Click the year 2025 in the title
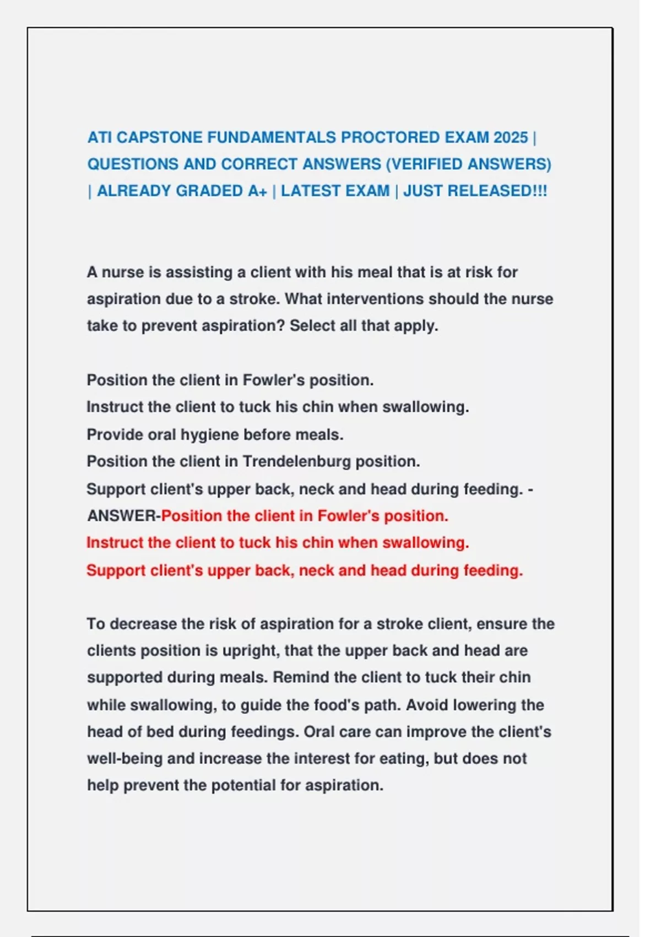pyautogui.click(x=511, y=137)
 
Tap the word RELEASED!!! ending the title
pyautogui.click(x=499, y=191)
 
